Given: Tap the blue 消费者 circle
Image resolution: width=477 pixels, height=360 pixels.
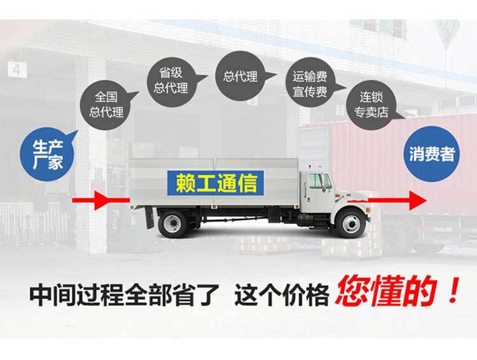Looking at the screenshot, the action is tap(431, 153).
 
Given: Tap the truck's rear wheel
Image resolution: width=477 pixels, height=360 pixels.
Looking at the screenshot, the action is tap(172, 223).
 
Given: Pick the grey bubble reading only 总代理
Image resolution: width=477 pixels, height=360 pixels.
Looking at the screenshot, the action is tap(240, 77).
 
